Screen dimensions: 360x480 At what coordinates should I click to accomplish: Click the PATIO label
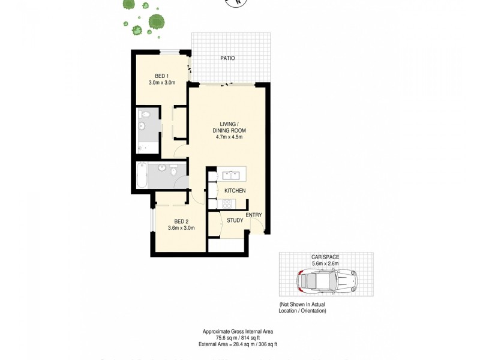coord(227,58)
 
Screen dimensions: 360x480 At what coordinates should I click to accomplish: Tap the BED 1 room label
coord(161,76)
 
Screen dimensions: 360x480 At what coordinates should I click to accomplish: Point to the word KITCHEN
coord(235,191)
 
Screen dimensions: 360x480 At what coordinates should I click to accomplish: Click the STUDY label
coord(235,220)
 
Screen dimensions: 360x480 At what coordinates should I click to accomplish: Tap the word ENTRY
coord(253,215)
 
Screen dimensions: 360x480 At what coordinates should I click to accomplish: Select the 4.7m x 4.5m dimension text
coord(229,137)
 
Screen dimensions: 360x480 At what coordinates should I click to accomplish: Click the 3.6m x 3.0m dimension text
coord(182,228)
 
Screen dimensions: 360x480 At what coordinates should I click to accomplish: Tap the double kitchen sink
coord(231,176)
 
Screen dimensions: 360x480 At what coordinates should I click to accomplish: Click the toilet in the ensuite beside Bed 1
coord(142,126)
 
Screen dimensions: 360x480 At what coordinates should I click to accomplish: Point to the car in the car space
coord(327,280)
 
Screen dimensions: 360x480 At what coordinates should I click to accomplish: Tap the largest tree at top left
coord(157,22)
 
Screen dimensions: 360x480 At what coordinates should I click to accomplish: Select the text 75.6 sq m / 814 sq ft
coord(238,338)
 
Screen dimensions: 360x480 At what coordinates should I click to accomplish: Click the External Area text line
coord(238,344)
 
